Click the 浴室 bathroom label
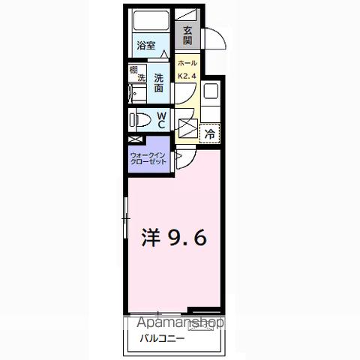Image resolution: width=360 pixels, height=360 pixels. coord(146,46)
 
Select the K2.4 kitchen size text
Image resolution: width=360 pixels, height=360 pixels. coord(187,75)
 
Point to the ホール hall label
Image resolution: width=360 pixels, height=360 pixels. coord(187,64)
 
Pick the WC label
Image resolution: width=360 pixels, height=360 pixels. coord(161,119)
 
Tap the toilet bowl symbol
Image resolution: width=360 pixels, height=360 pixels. coord(141,118)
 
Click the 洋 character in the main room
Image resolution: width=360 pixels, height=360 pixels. coord(153,238)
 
